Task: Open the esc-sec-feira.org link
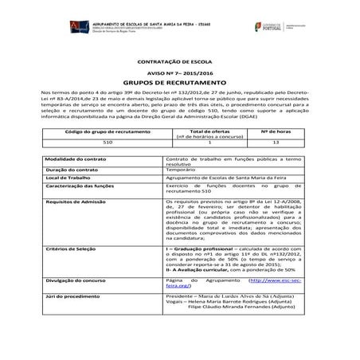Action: [262, 281]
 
